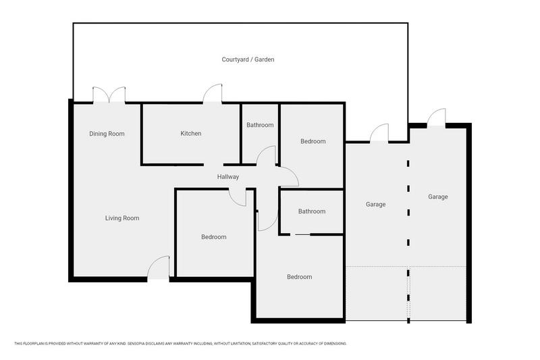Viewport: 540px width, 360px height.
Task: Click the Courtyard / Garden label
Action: tap(248, 59)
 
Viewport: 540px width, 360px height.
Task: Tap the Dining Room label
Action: tap(107, 134)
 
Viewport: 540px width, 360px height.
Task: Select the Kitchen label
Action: tap(190, 134)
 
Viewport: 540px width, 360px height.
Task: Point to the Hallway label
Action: tap(228, 177)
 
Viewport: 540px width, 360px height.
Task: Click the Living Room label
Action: tap(122, 218)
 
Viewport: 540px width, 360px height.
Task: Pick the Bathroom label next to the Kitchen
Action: tap(260, 125)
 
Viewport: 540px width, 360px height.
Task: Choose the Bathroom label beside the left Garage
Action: tap(312, 211)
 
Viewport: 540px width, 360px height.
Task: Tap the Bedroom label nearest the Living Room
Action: tap(213, 237)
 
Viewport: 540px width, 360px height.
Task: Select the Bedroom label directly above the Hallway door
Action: tap(313, 141)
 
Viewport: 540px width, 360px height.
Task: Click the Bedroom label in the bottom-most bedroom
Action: tap(299, 277)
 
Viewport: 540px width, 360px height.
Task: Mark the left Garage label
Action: tap(375, 204)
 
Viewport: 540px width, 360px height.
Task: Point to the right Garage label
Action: tap(437, 197)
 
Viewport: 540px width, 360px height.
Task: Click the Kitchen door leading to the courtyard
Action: tap(213, 95)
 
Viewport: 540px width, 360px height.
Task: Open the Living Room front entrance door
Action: tap(159, 268)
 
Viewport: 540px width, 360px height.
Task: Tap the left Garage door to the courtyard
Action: tap(379, 134)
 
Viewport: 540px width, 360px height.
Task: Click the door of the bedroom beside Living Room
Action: tap(237, 195)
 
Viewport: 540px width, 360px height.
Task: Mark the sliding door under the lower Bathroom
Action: tap(302, 234)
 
